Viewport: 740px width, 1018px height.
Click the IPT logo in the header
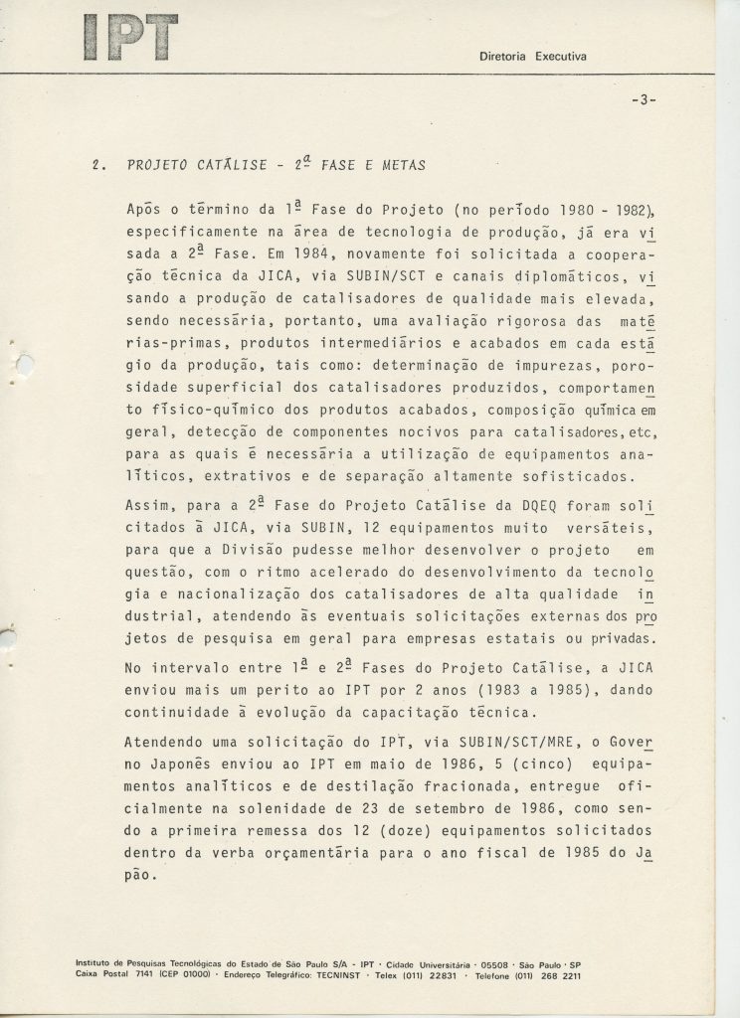pyautogui.click(x=131, y=37)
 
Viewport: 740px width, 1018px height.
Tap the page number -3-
pyautogui.click(x=645, y=99)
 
